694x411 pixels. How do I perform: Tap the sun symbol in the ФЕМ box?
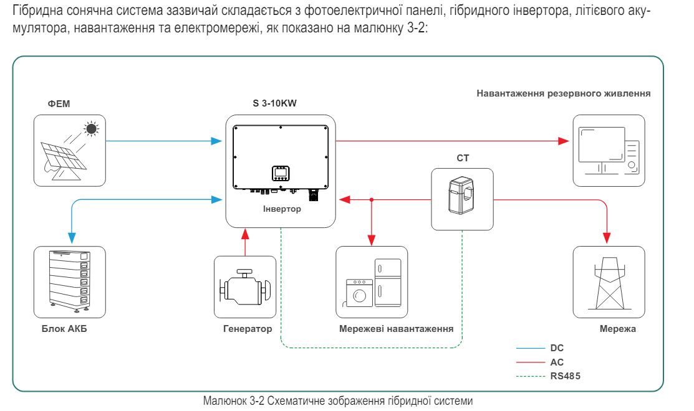pos(92,130)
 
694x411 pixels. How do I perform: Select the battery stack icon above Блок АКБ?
pos(69,281)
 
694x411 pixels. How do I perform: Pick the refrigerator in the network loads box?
pos(387,283)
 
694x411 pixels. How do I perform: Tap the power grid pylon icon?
pos(608,283)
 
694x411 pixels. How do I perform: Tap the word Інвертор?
pos(282,209)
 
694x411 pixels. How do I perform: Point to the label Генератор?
pos(248,329)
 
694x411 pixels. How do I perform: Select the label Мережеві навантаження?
pos(396,329)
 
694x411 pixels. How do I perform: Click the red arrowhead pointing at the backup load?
pos(564,141)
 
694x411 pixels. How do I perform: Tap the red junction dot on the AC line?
pos(372,200)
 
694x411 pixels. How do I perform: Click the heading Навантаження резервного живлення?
pos(564,93)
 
